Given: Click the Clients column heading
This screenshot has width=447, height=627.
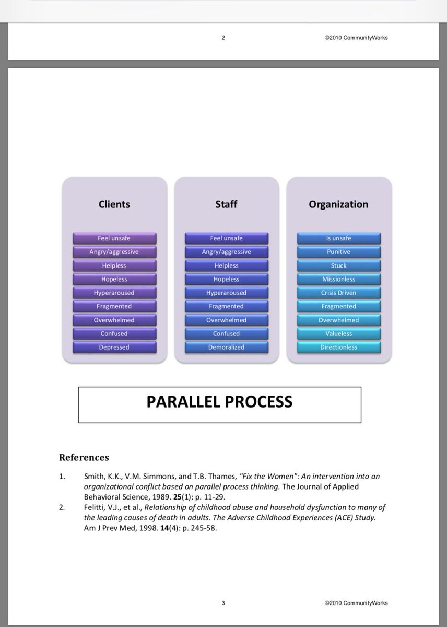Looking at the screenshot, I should point(114,204).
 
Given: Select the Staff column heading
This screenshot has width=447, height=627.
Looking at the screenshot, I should point(226,204).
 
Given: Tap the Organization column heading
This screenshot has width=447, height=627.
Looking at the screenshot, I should point(338,204).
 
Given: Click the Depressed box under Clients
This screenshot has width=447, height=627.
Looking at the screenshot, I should point(114,347).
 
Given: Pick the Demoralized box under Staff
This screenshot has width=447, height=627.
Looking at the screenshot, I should point(226,347).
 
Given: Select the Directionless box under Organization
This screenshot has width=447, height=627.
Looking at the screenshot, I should point(339,347).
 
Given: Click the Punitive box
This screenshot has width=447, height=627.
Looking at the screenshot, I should point(339,252).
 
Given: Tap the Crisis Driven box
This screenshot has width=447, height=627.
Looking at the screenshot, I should point(339,293).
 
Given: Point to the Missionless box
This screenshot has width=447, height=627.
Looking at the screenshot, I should point(339,279).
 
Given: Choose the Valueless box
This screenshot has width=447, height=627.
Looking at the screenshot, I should point(339,333).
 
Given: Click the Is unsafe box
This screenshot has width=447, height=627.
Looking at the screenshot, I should point(339,238).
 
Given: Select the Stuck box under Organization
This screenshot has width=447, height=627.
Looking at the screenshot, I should point(339,265).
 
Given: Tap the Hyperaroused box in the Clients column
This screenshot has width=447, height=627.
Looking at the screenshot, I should point(114,293).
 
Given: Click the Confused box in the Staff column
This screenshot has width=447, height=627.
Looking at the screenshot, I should point(226,333).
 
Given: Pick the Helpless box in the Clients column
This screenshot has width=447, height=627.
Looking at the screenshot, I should point(114,265).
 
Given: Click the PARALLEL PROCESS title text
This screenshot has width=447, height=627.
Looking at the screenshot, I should point(219,402).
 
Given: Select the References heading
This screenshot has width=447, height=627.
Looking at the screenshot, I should point(84,457).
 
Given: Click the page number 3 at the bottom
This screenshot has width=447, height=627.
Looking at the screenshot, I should point(223,603).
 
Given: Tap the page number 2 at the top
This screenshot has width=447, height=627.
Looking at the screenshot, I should point(223,37).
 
